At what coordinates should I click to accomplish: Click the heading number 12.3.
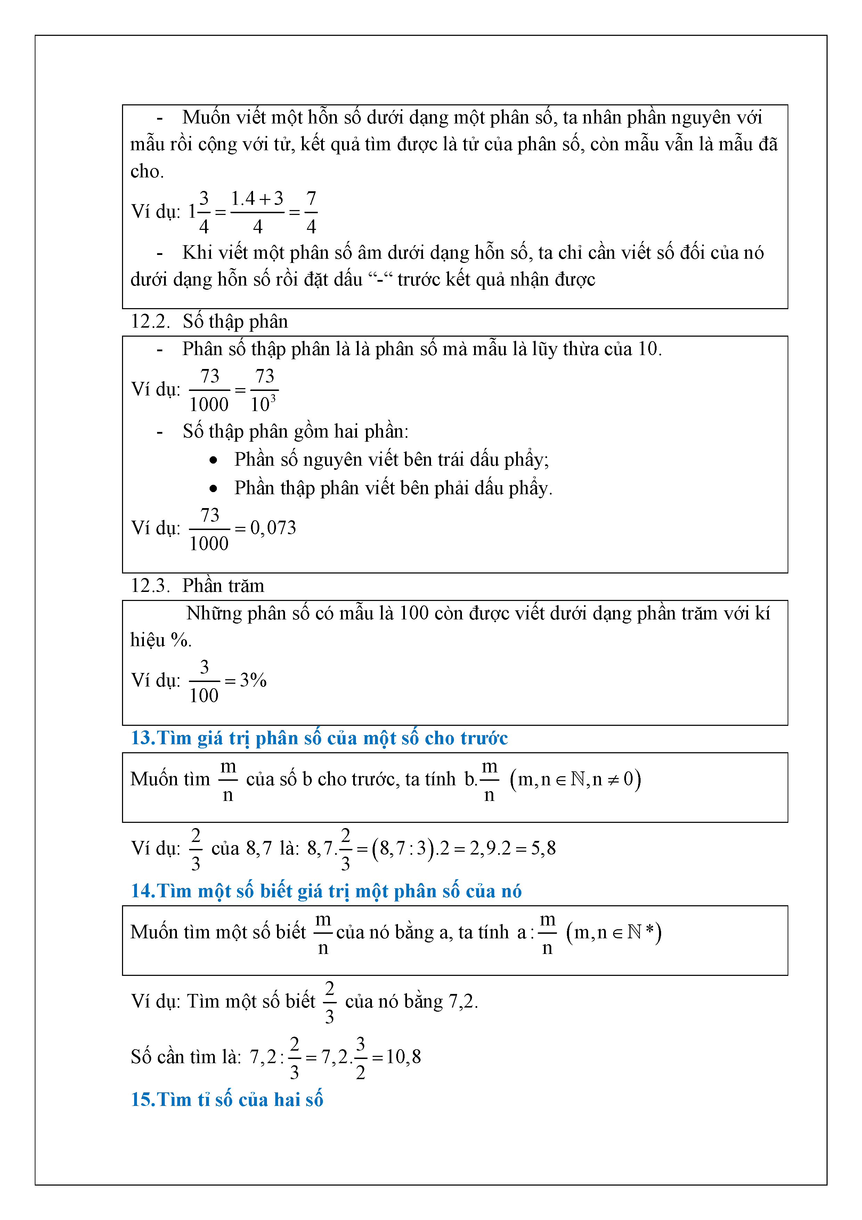[x=150, y=586]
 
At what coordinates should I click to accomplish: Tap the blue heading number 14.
[x=143, y=891]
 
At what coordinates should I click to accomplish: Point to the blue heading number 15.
[x=143, y=1099]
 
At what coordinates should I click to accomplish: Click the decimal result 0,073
[x=273, y=528]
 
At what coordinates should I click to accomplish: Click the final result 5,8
[x=543, y=848]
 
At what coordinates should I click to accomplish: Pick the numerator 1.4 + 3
[x=257, y=199]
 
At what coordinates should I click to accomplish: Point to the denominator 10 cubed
[x=263, y=404]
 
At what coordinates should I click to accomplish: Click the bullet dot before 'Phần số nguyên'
[x=213, y=460]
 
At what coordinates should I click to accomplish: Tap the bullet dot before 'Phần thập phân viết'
[x=213, y=488]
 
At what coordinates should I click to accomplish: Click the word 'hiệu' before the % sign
[x=148, y=640]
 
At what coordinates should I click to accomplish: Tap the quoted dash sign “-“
[x=380, y=280]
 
